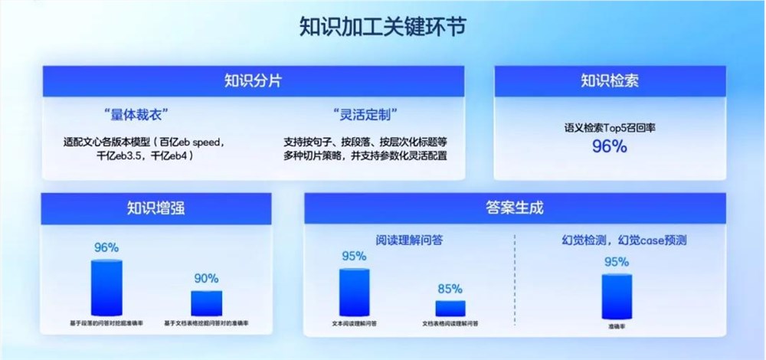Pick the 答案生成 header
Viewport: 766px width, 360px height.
(x=514, y=208)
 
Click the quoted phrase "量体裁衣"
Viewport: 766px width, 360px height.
(x=135, y=116)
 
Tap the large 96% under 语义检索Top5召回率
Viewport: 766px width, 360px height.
(x=609, y=147)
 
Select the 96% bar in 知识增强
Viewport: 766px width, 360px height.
(x=106, y=287)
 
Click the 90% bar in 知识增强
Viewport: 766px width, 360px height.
(x=206, y=303)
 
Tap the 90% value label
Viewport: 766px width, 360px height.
(x=206, y=279)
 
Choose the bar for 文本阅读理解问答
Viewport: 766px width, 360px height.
(x=354, y=292)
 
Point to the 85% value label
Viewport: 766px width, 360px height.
(x=450, y=290)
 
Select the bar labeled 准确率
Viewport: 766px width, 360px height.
(x=617, y=295)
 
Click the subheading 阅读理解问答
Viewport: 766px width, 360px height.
(x=410, y=240)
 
